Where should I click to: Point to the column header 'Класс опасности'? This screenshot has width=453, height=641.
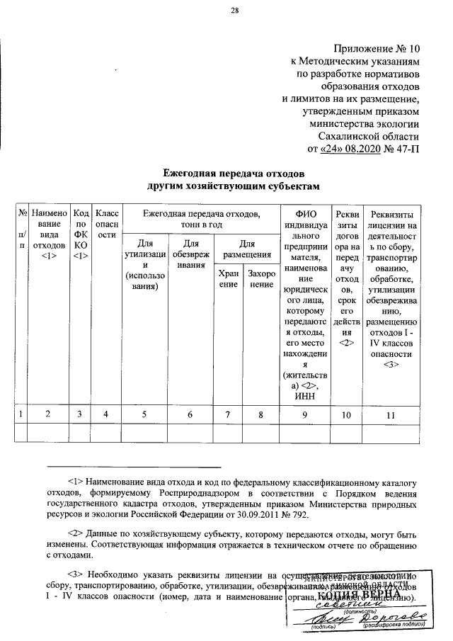coord(106,225)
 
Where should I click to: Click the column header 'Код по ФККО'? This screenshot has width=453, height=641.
coord(81,234)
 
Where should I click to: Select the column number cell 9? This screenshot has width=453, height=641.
coord(305,415)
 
